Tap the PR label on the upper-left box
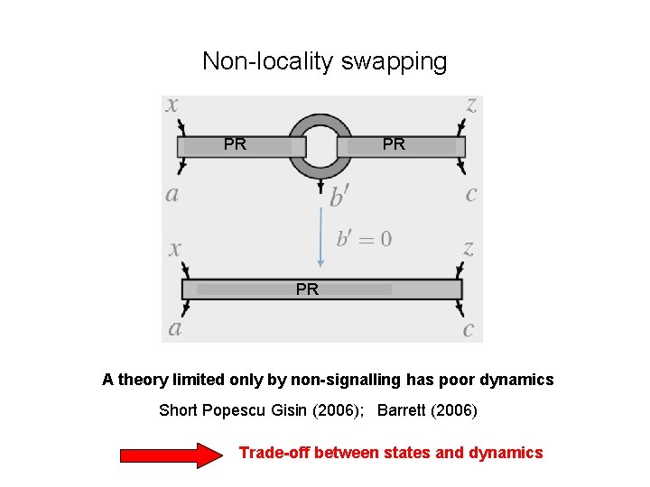235,144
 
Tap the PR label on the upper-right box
394,144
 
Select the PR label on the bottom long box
307,289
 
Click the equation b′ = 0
364,239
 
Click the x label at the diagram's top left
172,105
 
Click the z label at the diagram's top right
471,105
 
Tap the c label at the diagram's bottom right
468,329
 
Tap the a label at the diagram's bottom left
174,327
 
